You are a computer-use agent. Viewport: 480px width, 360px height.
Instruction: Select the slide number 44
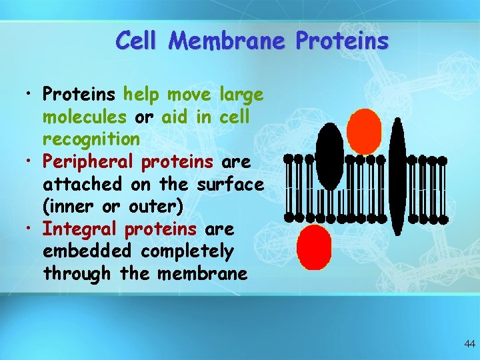click(x=469, y=344)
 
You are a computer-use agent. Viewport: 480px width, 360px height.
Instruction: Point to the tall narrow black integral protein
click(x=397, y=177)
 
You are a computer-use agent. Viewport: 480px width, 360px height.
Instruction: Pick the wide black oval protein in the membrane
click(x=329, y=156)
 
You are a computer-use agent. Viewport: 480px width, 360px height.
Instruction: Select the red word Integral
click(x=81, y=229)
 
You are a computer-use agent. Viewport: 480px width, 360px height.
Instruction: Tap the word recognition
click(x=91, y=139)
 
